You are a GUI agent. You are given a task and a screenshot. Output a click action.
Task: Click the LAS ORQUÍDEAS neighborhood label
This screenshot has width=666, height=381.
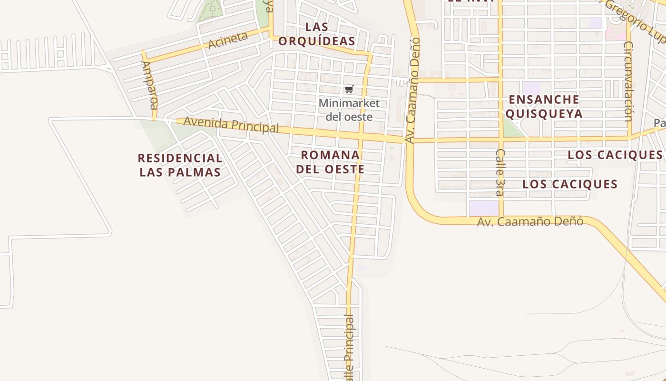pyautogui.click(x=316, y=34)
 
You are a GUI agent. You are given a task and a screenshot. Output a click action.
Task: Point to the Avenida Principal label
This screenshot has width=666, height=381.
pyautogui.click(x=231, y=124)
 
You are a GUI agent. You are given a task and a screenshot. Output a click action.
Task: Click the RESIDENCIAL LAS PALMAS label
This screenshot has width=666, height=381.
pyautogui.click(x=180, y=165)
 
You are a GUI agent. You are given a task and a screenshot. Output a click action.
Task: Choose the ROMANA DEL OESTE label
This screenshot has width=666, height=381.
pyautogui.click(x=330, y=162)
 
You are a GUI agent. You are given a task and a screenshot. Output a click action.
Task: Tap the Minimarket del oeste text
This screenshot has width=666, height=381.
pyautogui.click(x=349, y=110)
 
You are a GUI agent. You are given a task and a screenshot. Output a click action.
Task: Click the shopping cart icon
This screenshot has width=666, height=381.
pyautogui.click(x=349, y=89)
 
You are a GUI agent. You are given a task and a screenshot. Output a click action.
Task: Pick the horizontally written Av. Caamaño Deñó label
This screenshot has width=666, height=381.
pyautogui.click(x=530, y=221)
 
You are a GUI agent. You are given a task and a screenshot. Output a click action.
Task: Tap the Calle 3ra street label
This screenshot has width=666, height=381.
pyautogui.click(x=499, y=172)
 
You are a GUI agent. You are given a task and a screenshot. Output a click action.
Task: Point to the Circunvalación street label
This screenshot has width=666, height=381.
pyautogui.click(x=628, y=81)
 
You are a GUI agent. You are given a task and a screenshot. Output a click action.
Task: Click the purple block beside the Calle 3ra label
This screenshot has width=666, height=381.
pyautogui.click(x=483, y=208)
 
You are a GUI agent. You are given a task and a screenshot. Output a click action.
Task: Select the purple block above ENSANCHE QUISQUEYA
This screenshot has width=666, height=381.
pyautogui.click(x=531, y=88)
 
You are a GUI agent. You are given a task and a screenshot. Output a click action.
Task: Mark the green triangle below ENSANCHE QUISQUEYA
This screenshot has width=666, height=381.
pyautogui.click(x=511, y=130)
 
